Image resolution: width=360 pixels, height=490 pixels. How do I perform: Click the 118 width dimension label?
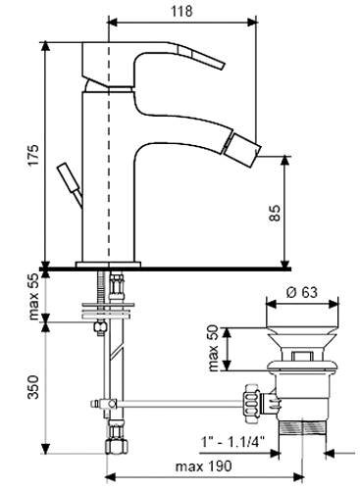181,11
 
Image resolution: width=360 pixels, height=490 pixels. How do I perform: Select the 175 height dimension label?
33,155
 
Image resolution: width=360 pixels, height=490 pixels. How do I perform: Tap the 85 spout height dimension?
276,213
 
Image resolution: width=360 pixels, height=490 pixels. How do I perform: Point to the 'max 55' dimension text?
33,296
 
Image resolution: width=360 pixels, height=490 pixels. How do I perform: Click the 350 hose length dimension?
33,387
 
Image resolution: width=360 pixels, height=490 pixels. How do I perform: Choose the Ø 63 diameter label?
302,292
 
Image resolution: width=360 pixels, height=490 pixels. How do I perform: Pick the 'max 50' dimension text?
213,348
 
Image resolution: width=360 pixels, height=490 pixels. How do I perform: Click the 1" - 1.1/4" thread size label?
233,443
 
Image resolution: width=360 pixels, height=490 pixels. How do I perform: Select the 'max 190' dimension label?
203,466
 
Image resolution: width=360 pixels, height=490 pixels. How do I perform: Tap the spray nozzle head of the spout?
243,149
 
